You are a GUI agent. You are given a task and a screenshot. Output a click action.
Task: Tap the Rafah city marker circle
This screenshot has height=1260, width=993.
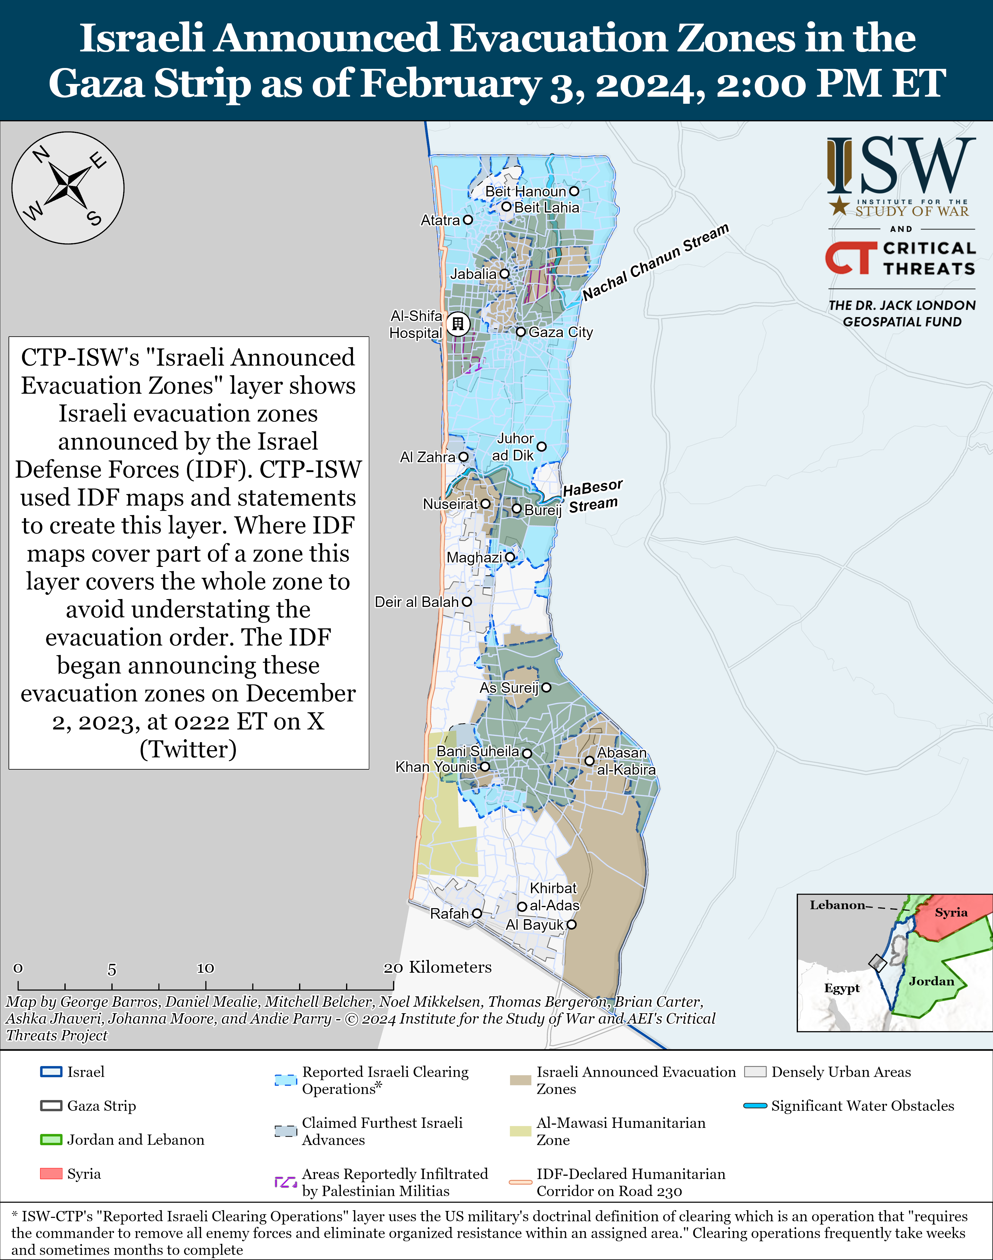tap(477, 914)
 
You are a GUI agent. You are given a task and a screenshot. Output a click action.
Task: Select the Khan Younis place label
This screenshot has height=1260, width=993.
tap(436, 767)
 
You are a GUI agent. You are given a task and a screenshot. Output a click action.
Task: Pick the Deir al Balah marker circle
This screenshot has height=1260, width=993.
tap(466, 602)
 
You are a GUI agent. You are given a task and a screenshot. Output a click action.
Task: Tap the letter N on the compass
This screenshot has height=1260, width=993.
tap(41, 155)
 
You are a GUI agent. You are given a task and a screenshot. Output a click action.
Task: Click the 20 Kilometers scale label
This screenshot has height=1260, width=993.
tap(437, 967)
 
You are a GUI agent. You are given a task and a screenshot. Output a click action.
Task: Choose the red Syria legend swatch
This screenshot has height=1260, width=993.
tap(51, 1173)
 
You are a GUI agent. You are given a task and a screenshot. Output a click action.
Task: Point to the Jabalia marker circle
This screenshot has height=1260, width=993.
tap(504, 273)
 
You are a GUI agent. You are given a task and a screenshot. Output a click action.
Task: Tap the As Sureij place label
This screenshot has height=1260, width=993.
tap(509, 688)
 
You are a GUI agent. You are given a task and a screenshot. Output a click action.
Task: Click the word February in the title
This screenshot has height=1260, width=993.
tap(451, 83)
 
